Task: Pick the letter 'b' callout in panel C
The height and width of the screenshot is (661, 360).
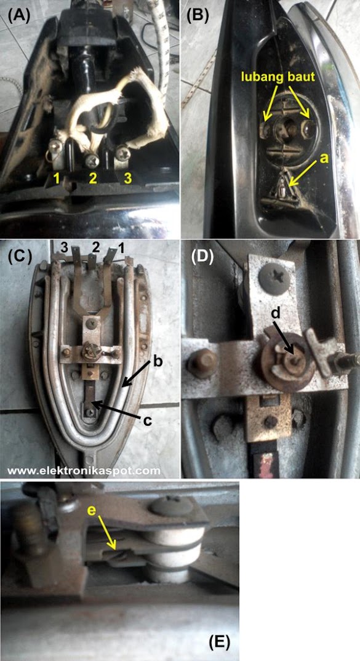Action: click(x=158, y=362)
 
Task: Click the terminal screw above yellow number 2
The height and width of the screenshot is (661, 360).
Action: click(x=92, y=160)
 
